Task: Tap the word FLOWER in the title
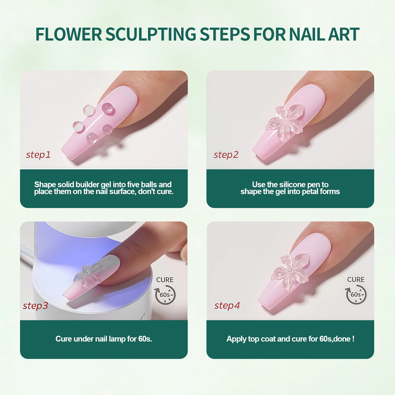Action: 69,34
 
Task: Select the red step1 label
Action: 38,155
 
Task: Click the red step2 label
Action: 226,155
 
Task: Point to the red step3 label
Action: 36,306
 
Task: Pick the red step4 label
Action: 227,306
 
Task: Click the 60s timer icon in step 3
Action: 165,295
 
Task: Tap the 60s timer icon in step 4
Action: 356,295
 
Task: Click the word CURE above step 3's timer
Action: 165,280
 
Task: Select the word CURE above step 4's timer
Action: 356,280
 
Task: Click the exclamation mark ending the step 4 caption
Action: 353,339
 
